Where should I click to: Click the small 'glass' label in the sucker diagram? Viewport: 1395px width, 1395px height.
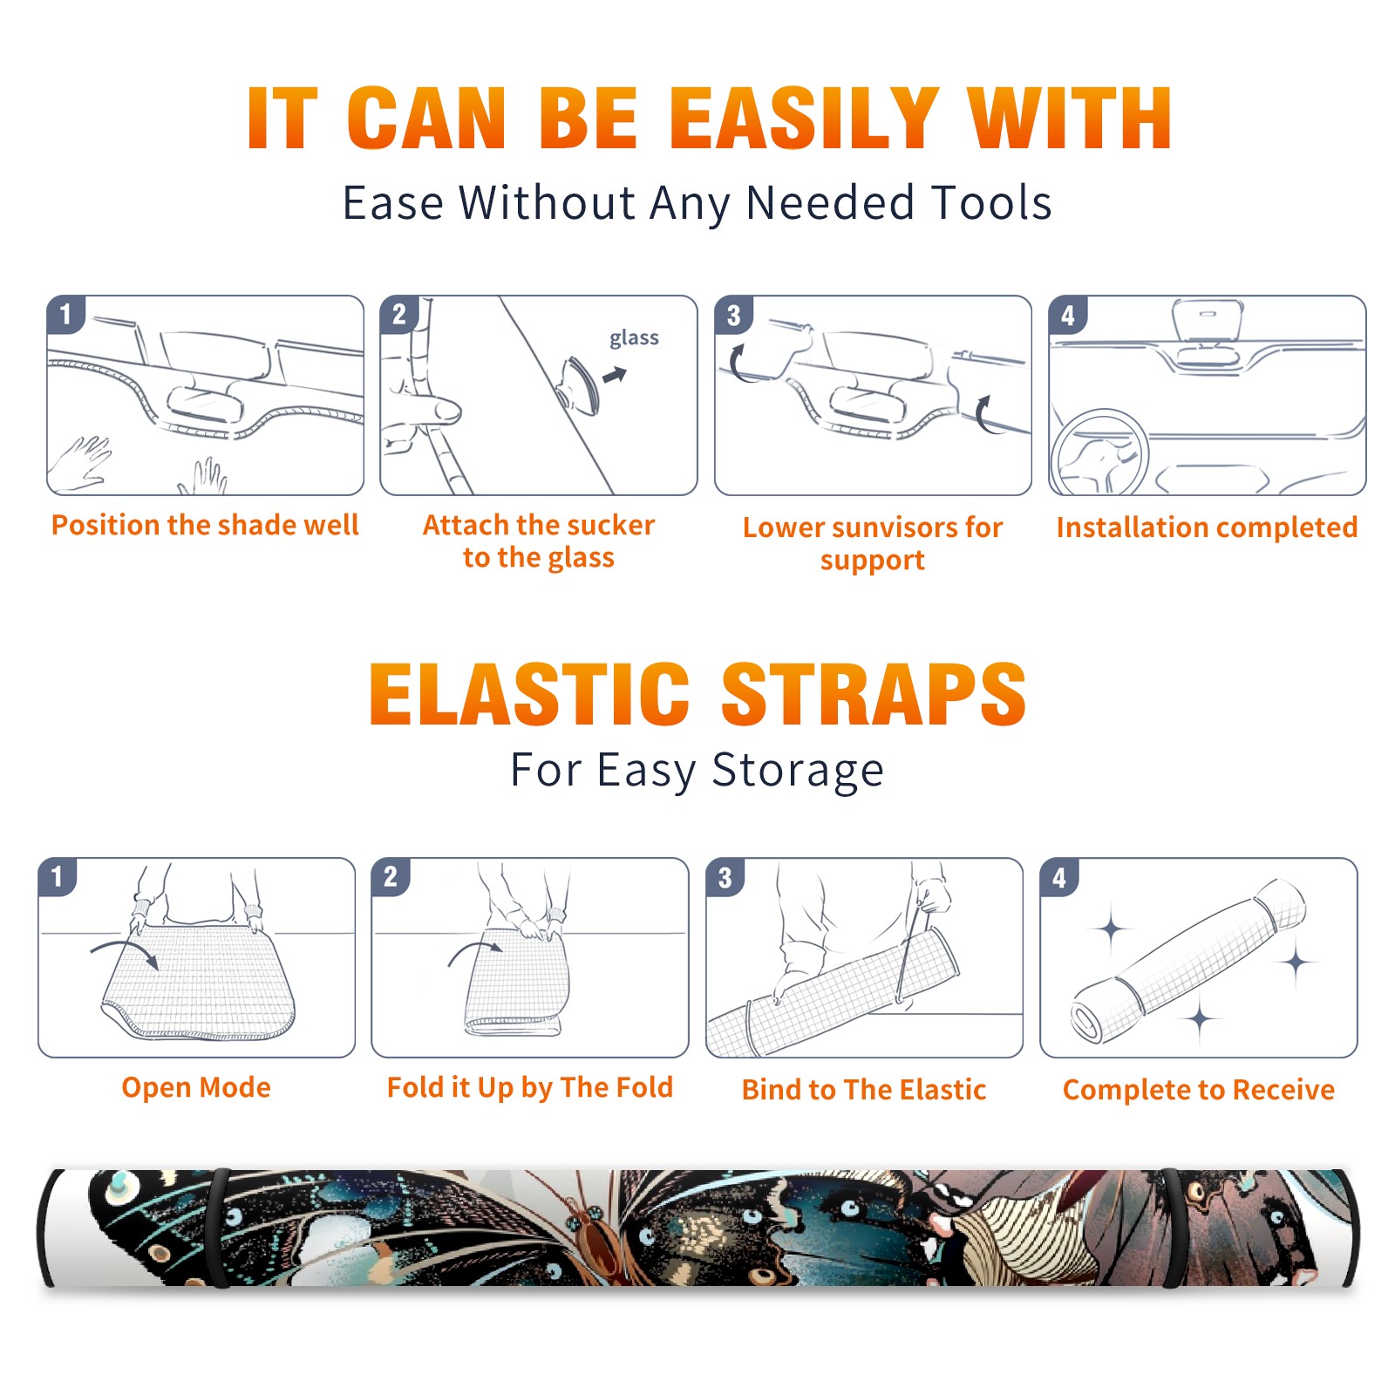(634, 338)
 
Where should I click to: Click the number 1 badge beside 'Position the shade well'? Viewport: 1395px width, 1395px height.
(66, 314)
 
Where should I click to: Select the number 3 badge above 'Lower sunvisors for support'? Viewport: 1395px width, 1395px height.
(733, 314)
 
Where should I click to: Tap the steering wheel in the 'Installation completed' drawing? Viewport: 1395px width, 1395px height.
(1099, 453)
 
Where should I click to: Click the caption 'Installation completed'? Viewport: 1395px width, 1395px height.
(1207, 527)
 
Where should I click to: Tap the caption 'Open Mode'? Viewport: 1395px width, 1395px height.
(196, 1087)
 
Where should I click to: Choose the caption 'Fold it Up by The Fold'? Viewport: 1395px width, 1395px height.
(530, 1087)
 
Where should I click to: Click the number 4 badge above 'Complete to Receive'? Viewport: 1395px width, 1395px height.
(1059, 877)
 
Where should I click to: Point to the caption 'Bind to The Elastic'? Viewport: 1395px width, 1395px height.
(864, 1090)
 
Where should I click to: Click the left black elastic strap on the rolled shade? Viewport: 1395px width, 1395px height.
(218, 1228)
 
